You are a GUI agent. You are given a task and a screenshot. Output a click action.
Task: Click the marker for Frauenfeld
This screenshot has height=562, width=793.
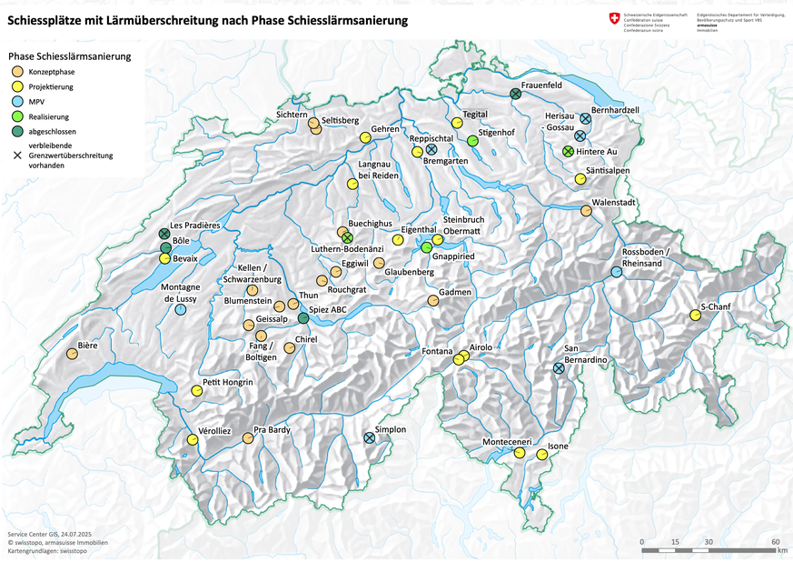515,94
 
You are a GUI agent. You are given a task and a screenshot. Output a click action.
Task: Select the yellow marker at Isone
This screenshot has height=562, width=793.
541,454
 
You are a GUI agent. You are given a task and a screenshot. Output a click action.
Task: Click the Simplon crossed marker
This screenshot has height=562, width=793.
370,437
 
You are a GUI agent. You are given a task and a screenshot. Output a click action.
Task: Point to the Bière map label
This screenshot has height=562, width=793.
88,345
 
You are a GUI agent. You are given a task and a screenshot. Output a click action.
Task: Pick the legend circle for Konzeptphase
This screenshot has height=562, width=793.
17,71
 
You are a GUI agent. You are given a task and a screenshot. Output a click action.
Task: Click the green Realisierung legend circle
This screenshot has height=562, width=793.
17,117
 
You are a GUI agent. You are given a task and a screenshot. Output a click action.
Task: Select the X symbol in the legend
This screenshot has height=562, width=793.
17,156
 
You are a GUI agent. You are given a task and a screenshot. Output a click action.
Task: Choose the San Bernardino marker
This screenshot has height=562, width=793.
559,368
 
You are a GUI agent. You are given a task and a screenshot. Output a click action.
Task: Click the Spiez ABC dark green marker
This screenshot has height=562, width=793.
303,319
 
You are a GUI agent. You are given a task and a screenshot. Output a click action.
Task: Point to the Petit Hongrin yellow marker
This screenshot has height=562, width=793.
196,390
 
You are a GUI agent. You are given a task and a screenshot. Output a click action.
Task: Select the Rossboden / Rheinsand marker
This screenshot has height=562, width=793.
616,272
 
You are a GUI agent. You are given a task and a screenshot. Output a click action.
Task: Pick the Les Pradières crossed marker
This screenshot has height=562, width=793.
164,234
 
